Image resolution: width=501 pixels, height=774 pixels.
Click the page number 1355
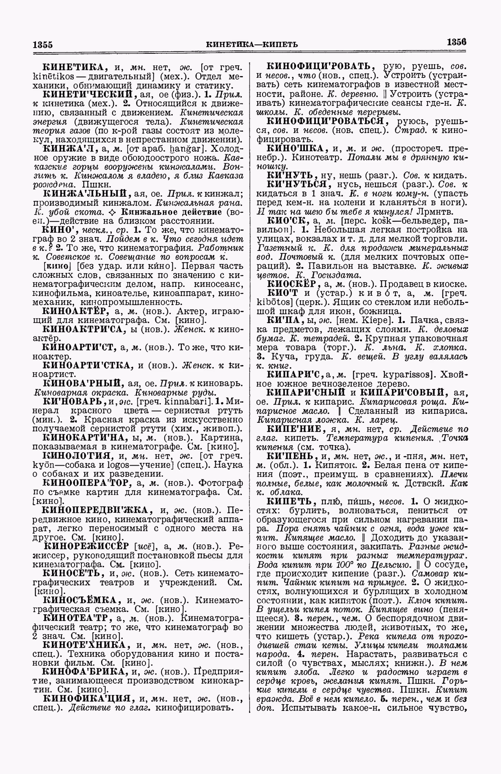point(43,44)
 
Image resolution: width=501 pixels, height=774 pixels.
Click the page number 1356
point(456,42)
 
